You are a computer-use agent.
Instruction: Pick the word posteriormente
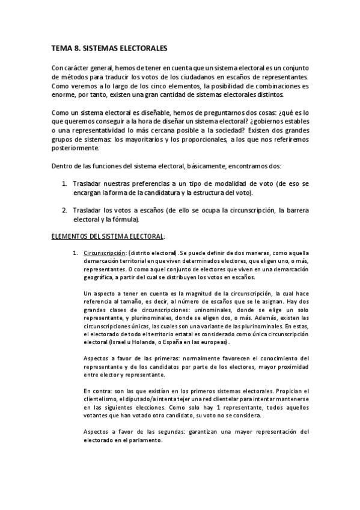pos(74,149)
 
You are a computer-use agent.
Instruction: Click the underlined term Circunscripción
pos(106,254)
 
